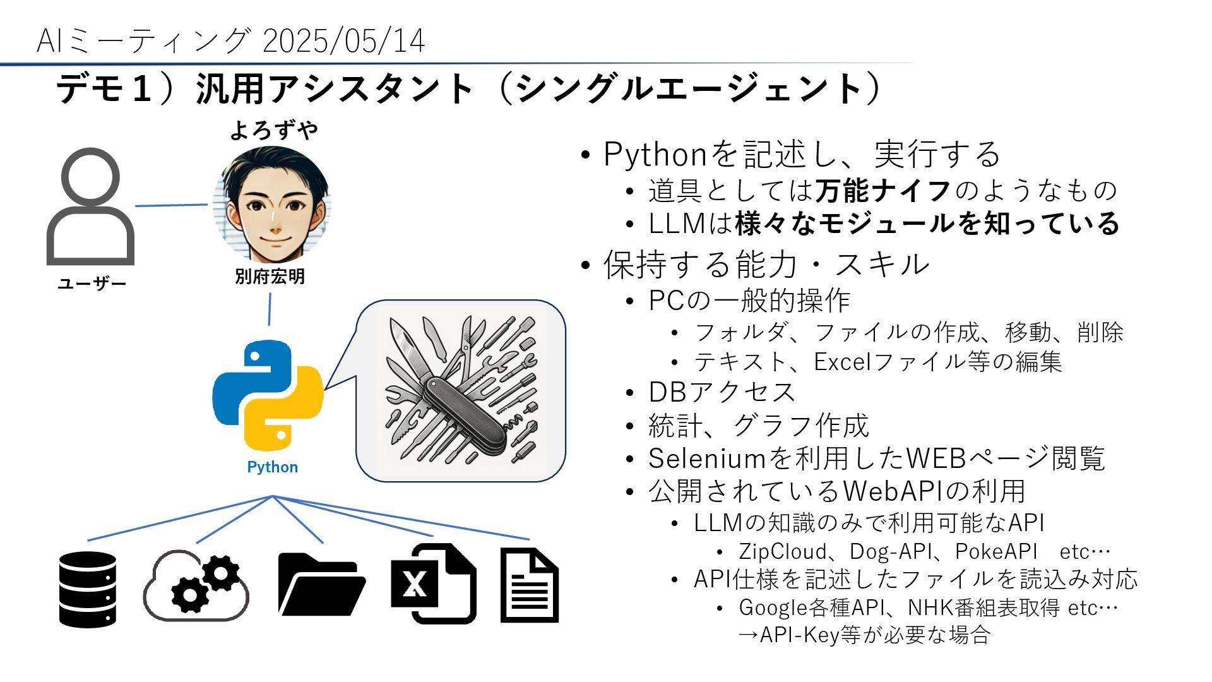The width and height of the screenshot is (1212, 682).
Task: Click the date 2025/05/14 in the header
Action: (343, 42)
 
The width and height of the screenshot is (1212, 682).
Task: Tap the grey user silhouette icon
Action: (91, 207)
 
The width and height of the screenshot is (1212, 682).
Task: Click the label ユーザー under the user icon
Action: (92, 284)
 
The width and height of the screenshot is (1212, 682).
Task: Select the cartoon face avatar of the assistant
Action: (272, 203)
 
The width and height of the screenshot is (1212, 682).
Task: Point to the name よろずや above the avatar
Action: (273, 130)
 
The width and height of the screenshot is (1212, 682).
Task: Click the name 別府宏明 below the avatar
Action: (270, 277)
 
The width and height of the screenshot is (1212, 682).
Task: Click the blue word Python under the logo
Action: (272, 467)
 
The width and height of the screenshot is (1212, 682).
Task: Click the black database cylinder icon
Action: (88, 589)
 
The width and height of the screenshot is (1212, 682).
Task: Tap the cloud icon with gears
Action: (196, 585)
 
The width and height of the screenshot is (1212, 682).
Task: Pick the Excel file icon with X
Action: (432, 583)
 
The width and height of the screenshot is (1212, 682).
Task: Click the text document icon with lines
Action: (529, 585)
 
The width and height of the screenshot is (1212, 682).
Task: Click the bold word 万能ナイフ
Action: (883, 190)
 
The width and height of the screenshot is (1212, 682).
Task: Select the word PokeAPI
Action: (996, 551)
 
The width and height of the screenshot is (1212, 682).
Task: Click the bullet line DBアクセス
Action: (722, 392)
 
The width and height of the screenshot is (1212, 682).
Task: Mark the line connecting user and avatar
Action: (171, 205)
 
